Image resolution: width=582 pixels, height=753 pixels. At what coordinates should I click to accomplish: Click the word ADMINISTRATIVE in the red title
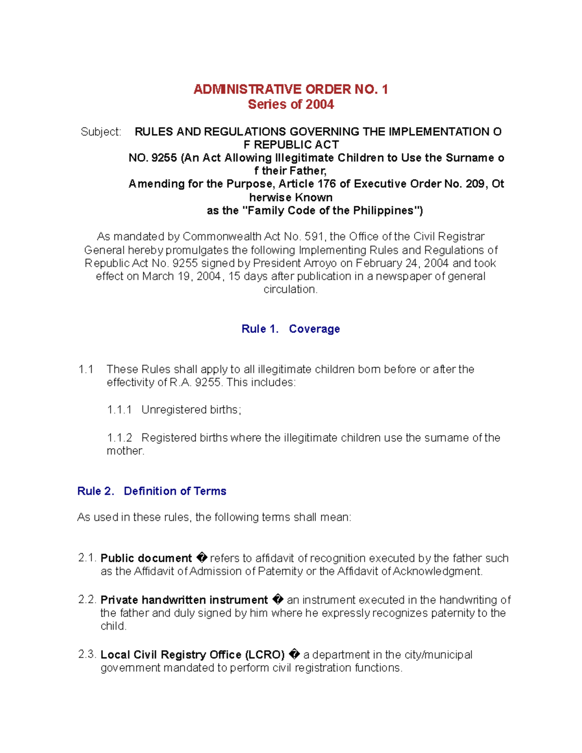click(247, 89)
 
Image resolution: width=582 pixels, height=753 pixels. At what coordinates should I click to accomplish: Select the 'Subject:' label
click(101, 132)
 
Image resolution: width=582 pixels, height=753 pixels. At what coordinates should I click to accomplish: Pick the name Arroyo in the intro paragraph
click(319, 263)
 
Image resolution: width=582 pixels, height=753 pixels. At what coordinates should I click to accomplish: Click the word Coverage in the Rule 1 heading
click(314, 329)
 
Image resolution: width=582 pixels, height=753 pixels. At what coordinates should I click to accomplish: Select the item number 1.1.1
click(119, 410)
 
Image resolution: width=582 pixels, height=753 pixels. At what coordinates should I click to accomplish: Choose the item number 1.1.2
click(119, 438)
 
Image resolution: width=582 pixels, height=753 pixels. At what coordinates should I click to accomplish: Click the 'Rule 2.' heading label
click(96, 491)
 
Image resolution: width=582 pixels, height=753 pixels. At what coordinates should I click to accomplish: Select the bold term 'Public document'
click(146, 558)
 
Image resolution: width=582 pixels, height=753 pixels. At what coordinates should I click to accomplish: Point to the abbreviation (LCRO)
click(265, 655)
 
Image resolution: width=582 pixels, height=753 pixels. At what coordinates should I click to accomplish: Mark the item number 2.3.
click(87, 655)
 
